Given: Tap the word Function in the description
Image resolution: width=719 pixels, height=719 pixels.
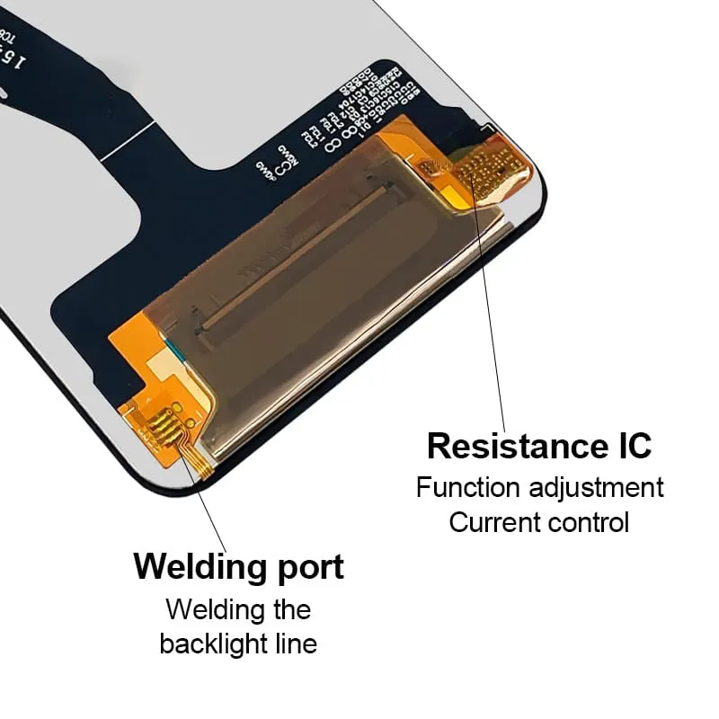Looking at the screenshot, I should point(468,488).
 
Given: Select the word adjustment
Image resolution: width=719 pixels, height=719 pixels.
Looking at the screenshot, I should point(596,488).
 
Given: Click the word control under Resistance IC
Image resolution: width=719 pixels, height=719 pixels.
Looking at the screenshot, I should point(590,522).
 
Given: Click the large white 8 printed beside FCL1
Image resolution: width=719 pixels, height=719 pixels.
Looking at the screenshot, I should point(332,140).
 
